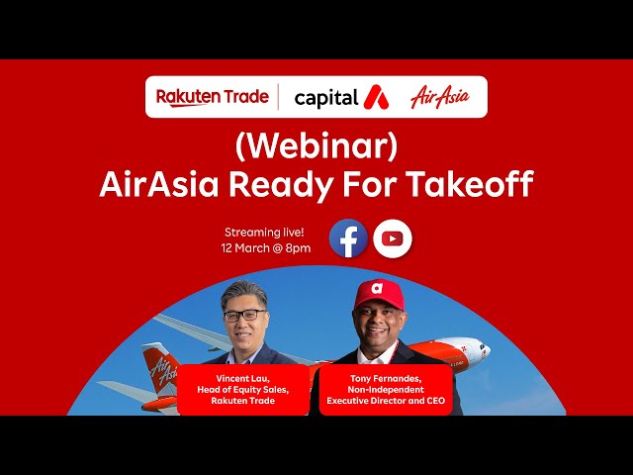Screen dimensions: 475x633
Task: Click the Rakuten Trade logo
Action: pos(212,97)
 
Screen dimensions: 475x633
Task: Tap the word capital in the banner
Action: pos(325,97)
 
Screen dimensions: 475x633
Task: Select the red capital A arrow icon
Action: pos(376,97)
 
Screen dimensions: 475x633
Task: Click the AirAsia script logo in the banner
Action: pos(440,97)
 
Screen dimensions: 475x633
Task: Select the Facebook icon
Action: pos(348,238)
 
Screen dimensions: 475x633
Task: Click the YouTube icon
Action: pos(393,238)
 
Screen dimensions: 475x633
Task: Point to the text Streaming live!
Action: pos(265,231)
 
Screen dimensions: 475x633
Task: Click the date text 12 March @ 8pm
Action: pos(265,247)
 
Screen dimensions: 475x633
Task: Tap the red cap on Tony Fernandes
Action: pos(380,293)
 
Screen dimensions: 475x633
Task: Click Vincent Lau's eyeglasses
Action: pos(245,316)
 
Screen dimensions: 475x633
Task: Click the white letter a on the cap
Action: pos(377,289)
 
